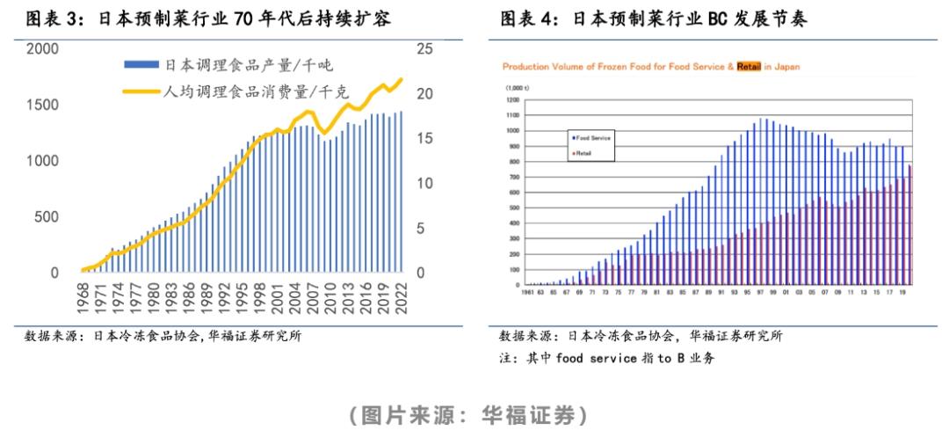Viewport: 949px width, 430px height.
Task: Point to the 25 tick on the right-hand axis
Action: (x=424, y=49)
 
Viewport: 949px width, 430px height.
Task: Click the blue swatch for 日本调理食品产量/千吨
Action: (x=143, y=65)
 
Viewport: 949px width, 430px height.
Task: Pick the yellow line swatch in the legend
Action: (x=143, y=91)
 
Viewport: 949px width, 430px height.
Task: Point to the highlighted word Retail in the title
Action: (x=748, y=66)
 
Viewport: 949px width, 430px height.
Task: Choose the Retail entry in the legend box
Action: (x=583, y=153)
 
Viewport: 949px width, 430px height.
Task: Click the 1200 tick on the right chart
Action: (x=512, y=100)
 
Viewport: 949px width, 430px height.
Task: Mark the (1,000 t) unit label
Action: (x=516, y=89)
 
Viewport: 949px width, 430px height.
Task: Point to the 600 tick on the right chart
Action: (x=514, y=193)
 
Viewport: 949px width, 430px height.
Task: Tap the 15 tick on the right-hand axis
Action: (x=424, y=139)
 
